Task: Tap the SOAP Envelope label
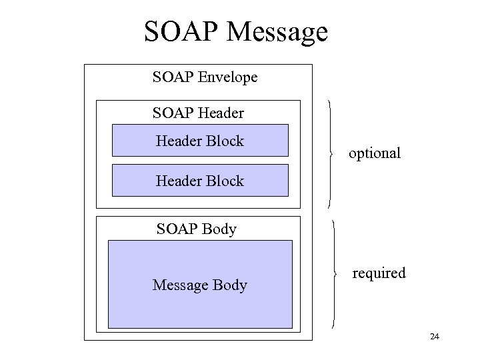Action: pos(205,77)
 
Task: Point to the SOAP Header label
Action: pos(198,113)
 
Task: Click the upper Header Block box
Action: pos(200,141)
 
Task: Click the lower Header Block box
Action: pos(200,181)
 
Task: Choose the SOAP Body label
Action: pos(196,229)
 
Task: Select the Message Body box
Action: pos(200,285)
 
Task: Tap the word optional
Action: pos(375,153)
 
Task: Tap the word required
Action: pos(379,273)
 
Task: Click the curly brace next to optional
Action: pos(331,154)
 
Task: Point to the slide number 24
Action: pos(435,337)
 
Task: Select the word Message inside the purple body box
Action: pos(178,285)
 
